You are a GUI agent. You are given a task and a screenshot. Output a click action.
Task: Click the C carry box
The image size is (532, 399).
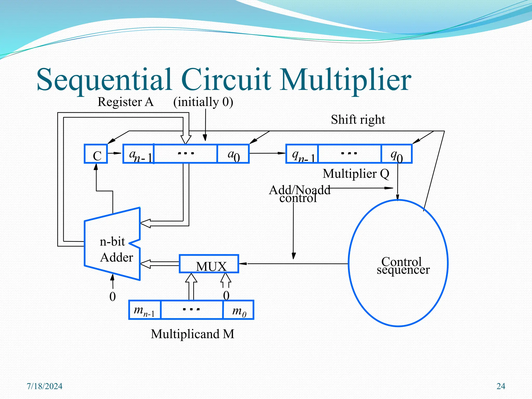pos(96,154)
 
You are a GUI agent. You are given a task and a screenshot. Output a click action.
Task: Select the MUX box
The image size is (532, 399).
pos(209,264)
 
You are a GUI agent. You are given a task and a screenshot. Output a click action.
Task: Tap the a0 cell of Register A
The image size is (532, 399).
pos(233,154)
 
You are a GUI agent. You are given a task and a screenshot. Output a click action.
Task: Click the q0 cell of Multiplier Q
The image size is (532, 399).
pos(396,154)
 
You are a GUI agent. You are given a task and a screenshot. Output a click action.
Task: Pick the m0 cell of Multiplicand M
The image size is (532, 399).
pos(238,310)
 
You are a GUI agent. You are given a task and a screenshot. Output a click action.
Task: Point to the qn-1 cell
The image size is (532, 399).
pos(302,154)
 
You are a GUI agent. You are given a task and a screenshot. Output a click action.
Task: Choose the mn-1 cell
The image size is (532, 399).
pos(145,310)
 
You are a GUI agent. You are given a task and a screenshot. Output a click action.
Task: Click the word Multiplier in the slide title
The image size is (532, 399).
pos(345,79)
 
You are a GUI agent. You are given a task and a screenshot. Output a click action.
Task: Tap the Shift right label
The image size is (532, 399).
pos(358,120)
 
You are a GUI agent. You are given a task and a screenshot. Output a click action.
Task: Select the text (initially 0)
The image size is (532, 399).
pos(203,102)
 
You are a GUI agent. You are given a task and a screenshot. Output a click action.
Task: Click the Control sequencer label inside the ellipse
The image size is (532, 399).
pos(403,265)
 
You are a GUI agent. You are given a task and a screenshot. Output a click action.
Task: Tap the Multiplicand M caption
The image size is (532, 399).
pos(192,334)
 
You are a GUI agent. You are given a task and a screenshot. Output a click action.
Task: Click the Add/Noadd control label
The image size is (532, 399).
pos(299,194)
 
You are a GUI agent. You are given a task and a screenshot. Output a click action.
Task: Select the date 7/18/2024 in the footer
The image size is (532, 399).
pos(45,386)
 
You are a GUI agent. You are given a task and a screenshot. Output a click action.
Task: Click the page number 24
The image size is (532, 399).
pos(501,386)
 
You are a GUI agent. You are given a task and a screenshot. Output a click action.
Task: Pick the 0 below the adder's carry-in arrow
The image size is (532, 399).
pos(112,296)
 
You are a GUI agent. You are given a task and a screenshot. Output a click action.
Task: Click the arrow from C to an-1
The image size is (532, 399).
pos(115,153)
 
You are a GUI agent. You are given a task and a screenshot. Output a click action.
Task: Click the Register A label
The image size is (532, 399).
pos(125,102)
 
